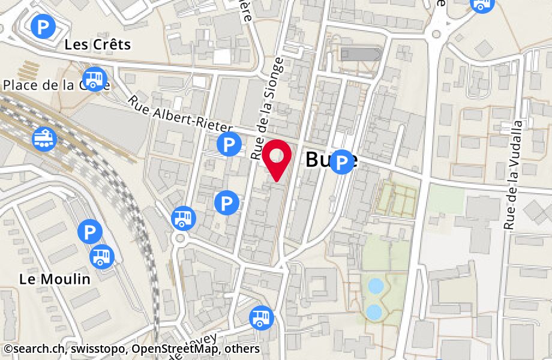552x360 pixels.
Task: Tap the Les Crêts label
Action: click(x=97, y=44)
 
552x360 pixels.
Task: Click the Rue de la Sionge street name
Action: click(x=268, y=108)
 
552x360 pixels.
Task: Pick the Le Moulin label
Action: click(x=55, y=278)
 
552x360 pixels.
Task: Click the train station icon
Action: click(x=44, y=139)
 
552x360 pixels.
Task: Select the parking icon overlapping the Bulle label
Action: click(x=343, y=162)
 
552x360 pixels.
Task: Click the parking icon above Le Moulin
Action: click(x=89, y=231)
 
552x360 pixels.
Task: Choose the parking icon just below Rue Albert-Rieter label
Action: click(x=228, y=144)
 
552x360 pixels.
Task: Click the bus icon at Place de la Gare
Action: click(x=94, y=78)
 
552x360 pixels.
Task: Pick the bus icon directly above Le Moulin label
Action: click(x=101, y=257)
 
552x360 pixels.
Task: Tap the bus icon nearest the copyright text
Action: click(x=261, y=318)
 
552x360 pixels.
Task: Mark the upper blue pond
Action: click(x=376, y=286)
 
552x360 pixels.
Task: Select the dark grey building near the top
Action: click(x=360, y=54)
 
